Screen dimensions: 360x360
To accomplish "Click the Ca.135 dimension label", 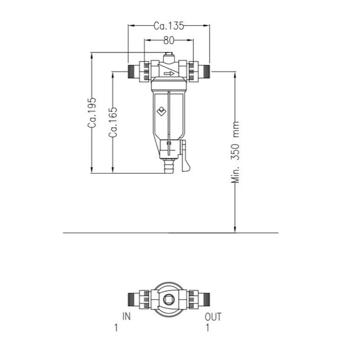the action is [x=169, y=26].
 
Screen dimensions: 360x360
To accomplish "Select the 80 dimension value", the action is [x=169, y=40].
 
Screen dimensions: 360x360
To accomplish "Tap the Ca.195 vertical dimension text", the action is [x=92, y=113].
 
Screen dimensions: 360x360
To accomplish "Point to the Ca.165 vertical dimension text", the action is [x=113, y=122].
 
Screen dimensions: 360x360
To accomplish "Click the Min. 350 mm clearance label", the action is [x=235, y=152].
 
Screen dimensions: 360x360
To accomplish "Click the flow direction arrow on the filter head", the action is [x=169, y=74].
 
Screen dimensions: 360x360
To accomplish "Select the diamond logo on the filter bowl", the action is [x=162, y=111].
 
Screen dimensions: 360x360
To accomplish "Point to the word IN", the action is [x=126, y=316].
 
